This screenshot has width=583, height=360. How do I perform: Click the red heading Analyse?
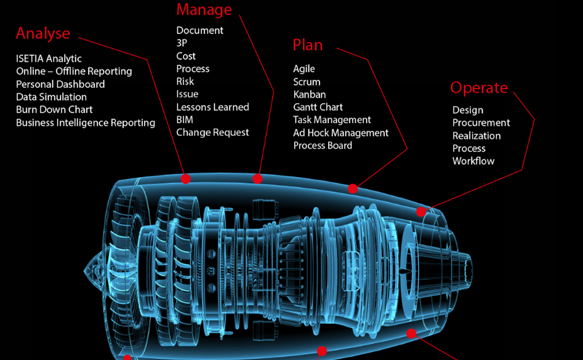[43, 34]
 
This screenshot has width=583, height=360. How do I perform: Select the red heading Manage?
[204, 10]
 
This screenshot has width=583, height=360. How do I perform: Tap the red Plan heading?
[307, 45]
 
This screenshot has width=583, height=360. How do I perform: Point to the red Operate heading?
[479, 88]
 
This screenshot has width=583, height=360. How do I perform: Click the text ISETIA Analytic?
[49, 59]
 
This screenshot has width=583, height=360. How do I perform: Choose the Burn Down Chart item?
[54, 110]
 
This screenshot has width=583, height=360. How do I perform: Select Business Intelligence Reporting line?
[86, 123]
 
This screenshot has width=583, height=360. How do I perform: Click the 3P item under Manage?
[182, 44]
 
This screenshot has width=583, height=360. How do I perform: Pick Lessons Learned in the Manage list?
[213, 107]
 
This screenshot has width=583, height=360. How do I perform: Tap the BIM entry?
[185, 120]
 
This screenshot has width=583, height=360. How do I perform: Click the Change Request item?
[213, 133]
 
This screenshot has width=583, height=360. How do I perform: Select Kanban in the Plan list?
[310, 94]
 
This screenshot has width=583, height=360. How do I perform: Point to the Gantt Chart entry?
[318, 107]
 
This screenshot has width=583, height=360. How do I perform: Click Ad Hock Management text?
[340, 133]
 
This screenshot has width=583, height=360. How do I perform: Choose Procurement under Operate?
[481, 123]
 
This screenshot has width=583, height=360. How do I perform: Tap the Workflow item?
[473, 161]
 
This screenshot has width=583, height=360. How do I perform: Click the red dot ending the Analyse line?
[185, 179]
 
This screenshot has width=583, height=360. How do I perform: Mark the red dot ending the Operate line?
[421, 211]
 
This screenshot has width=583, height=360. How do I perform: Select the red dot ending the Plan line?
[352, 189]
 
